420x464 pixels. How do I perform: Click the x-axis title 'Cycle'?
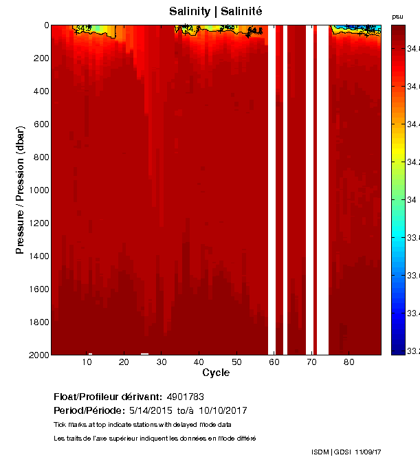click(x=216, y=373)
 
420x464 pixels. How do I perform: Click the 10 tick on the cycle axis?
click(x=87, y=362)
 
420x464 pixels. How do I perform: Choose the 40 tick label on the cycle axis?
click(x=199, y=362)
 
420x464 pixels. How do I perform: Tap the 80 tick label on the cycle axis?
click(x=349, y=362)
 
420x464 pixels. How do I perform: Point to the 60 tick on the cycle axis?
click(x=274, y=362)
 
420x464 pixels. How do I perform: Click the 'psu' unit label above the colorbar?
click(x=397, y=16)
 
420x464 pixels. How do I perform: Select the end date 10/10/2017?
click(x=223, y=410)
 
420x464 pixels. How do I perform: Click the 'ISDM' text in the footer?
click(x=320, y=452)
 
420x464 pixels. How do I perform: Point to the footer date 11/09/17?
click(x=368, y=452)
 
